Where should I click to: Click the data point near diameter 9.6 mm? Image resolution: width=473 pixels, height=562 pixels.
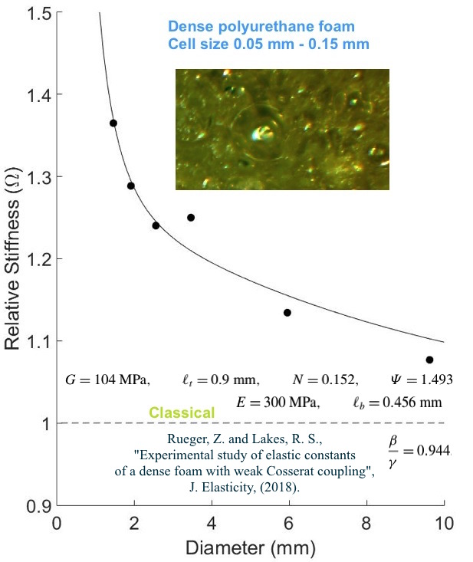coord(429,360)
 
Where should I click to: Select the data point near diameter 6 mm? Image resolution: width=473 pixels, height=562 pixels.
coord(287,313)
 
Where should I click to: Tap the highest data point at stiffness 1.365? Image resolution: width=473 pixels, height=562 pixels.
coord(113,123)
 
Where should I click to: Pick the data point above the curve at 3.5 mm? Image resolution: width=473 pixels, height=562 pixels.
coord(191,218)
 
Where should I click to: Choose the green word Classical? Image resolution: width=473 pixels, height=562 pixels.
coord(182,413)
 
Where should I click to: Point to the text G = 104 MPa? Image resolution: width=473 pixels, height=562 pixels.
coord(108,380)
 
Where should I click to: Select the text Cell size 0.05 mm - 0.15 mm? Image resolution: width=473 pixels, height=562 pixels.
coord(268,44)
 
